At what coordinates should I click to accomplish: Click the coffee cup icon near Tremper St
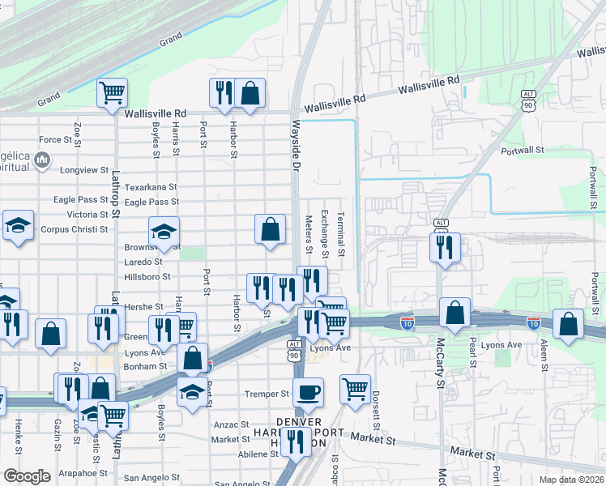point(308,393)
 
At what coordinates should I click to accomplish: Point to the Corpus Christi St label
point(75,229)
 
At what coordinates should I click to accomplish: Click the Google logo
point(27,476)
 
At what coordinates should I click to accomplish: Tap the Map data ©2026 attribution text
point(572,480)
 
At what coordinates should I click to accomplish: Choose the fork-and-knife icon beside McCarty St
point(444,249)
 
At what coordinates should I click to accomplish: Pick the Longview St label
point(84,170)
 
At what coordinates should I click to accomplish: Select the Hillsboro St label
point(147,276)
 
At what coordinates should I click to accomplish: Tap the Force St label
point(56,140)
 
